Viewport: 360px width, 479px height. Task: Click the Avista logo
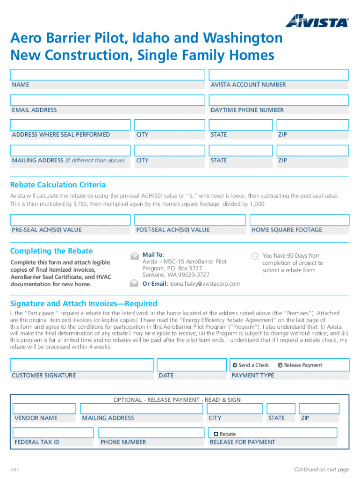[317, 21]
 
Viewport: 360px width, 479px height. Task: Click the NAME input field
[108, 75]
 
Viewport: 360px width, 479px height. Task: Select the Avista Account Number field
[278, 75]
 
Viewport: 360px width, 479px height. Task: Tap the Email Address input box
[108, 101]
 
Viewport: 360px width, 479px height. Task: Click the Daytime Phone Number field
[278, 101]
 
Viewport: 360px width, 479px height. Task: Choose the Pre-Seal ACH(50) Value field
[71, 220]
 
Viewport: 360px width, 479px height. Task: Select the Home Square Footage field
[299, 220]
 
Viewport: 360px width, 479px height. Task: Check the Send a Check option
[235, 365]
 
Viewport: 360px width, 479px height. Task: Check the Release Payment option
[280, 365]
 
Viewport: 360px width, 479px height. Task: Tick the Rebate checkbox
[216, 434]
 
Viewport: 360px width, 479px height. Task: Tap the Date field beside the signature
[192, 365]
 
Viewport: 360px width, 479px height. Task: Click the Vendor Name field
[45, 409]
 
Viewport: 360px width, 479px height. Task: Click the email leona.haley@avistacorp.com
[204, 284]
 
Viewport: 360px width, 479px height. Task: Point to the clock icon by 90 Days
[255, 256]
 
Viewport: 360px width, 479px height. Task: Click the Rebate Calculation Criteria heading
[58, 185]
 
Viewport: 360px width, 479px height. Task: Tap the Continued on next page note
[321, 469]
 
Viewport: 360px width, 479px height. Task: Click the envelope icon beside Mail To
[134, 256]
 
